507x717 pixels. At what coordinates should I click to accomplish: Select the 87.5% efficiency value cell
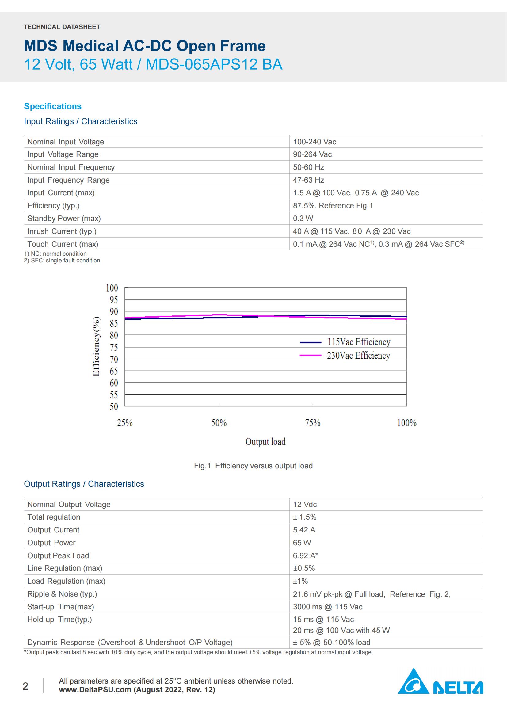pyautogui.click(x=333, y=205)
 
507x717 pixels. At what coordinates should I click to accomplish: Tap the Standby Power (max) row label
pyautogui.click(x=64, y=218)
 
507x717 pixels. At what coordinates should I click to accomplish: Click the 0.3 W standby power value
pyautogui.click(x=303, y=218)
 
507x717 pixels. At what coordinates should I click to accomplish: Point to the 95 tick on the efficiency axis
pyautogui.click(x=114, y=300)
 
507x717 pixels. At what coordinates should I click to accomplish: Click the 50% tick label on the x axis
pyautogui.click(x=219, y=423)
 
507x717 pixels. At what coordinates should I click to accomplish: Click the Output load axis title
pyautogui.click(x=265, y=441)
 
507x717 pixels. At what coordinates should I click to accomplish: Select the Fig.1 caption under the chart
pyautogui.click(x=253, y=466)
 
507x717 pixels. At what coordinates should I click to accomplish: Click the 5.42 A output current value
pyautogui.click(x=304, y=530)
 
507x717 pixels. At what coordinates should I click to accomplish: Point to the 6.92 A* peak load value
pyautogui.click(x=305, y=555)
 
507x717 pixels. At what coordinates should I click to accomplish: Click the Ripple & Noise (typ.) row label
pyautogui.click(x=62, y=594)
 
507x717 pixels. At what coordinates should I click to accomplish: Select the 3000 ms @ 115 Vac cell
pyautogui.click(x=327, y=606)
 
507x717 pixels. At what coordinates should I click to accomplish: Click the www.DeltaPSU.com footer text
pyautogui.click(x=95, y=689)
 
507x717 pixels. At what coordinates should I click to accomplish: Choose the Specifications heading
pyautogui.click(x=53, y=106)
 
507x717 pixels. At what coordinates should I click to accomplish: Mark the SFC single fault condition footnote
pyautogui.click(x=62, y=261)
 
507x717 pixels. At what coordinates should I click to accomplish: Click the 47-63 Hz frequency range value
pyautogui.click(x=308, y=180)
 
